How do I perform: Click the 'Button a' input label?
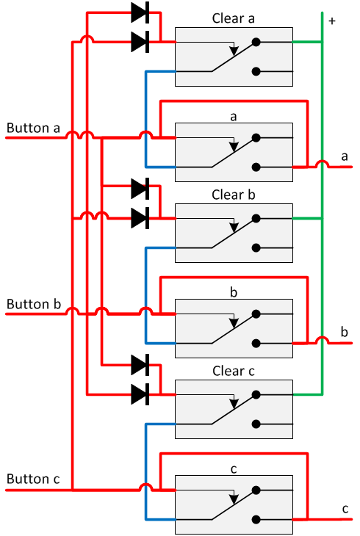tap(33, 128)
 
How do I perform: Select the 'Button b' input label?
tap(33, 304)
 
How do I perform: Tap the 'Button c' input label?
tap(33, 479)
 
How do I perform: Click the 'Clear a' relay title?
tap(234, 18)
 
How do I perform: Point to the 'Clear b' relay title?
tap(234, 195)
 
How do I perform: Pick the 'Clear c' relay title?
tap(234, 371)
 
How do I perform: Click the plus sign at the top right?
tap(332, 21)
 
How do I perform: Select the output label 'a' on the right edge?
tap(345, 156)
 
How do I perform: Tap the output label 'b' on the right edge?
tap(345, 333)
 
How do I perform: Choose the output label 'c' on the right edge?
tap(345, 508)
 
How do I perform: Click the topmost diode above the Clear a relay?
tap(140, 12)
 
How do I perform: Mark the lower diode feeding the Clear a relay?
tap(140, 42)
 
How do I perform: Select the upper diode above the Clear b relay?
tap(140, 188)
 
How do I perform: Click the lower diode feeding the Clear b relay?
tap(140, 217)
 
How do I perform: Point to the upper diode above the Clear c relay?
tap(140, 364)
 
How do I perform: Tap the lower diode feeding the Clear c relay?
tap(140, 394)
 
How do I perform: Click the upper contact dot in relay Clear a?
tap(256, 43)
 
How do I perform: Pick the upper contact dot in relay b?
tap(256, 314)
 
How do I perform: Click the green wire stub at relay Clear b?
tap(307, 218)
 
